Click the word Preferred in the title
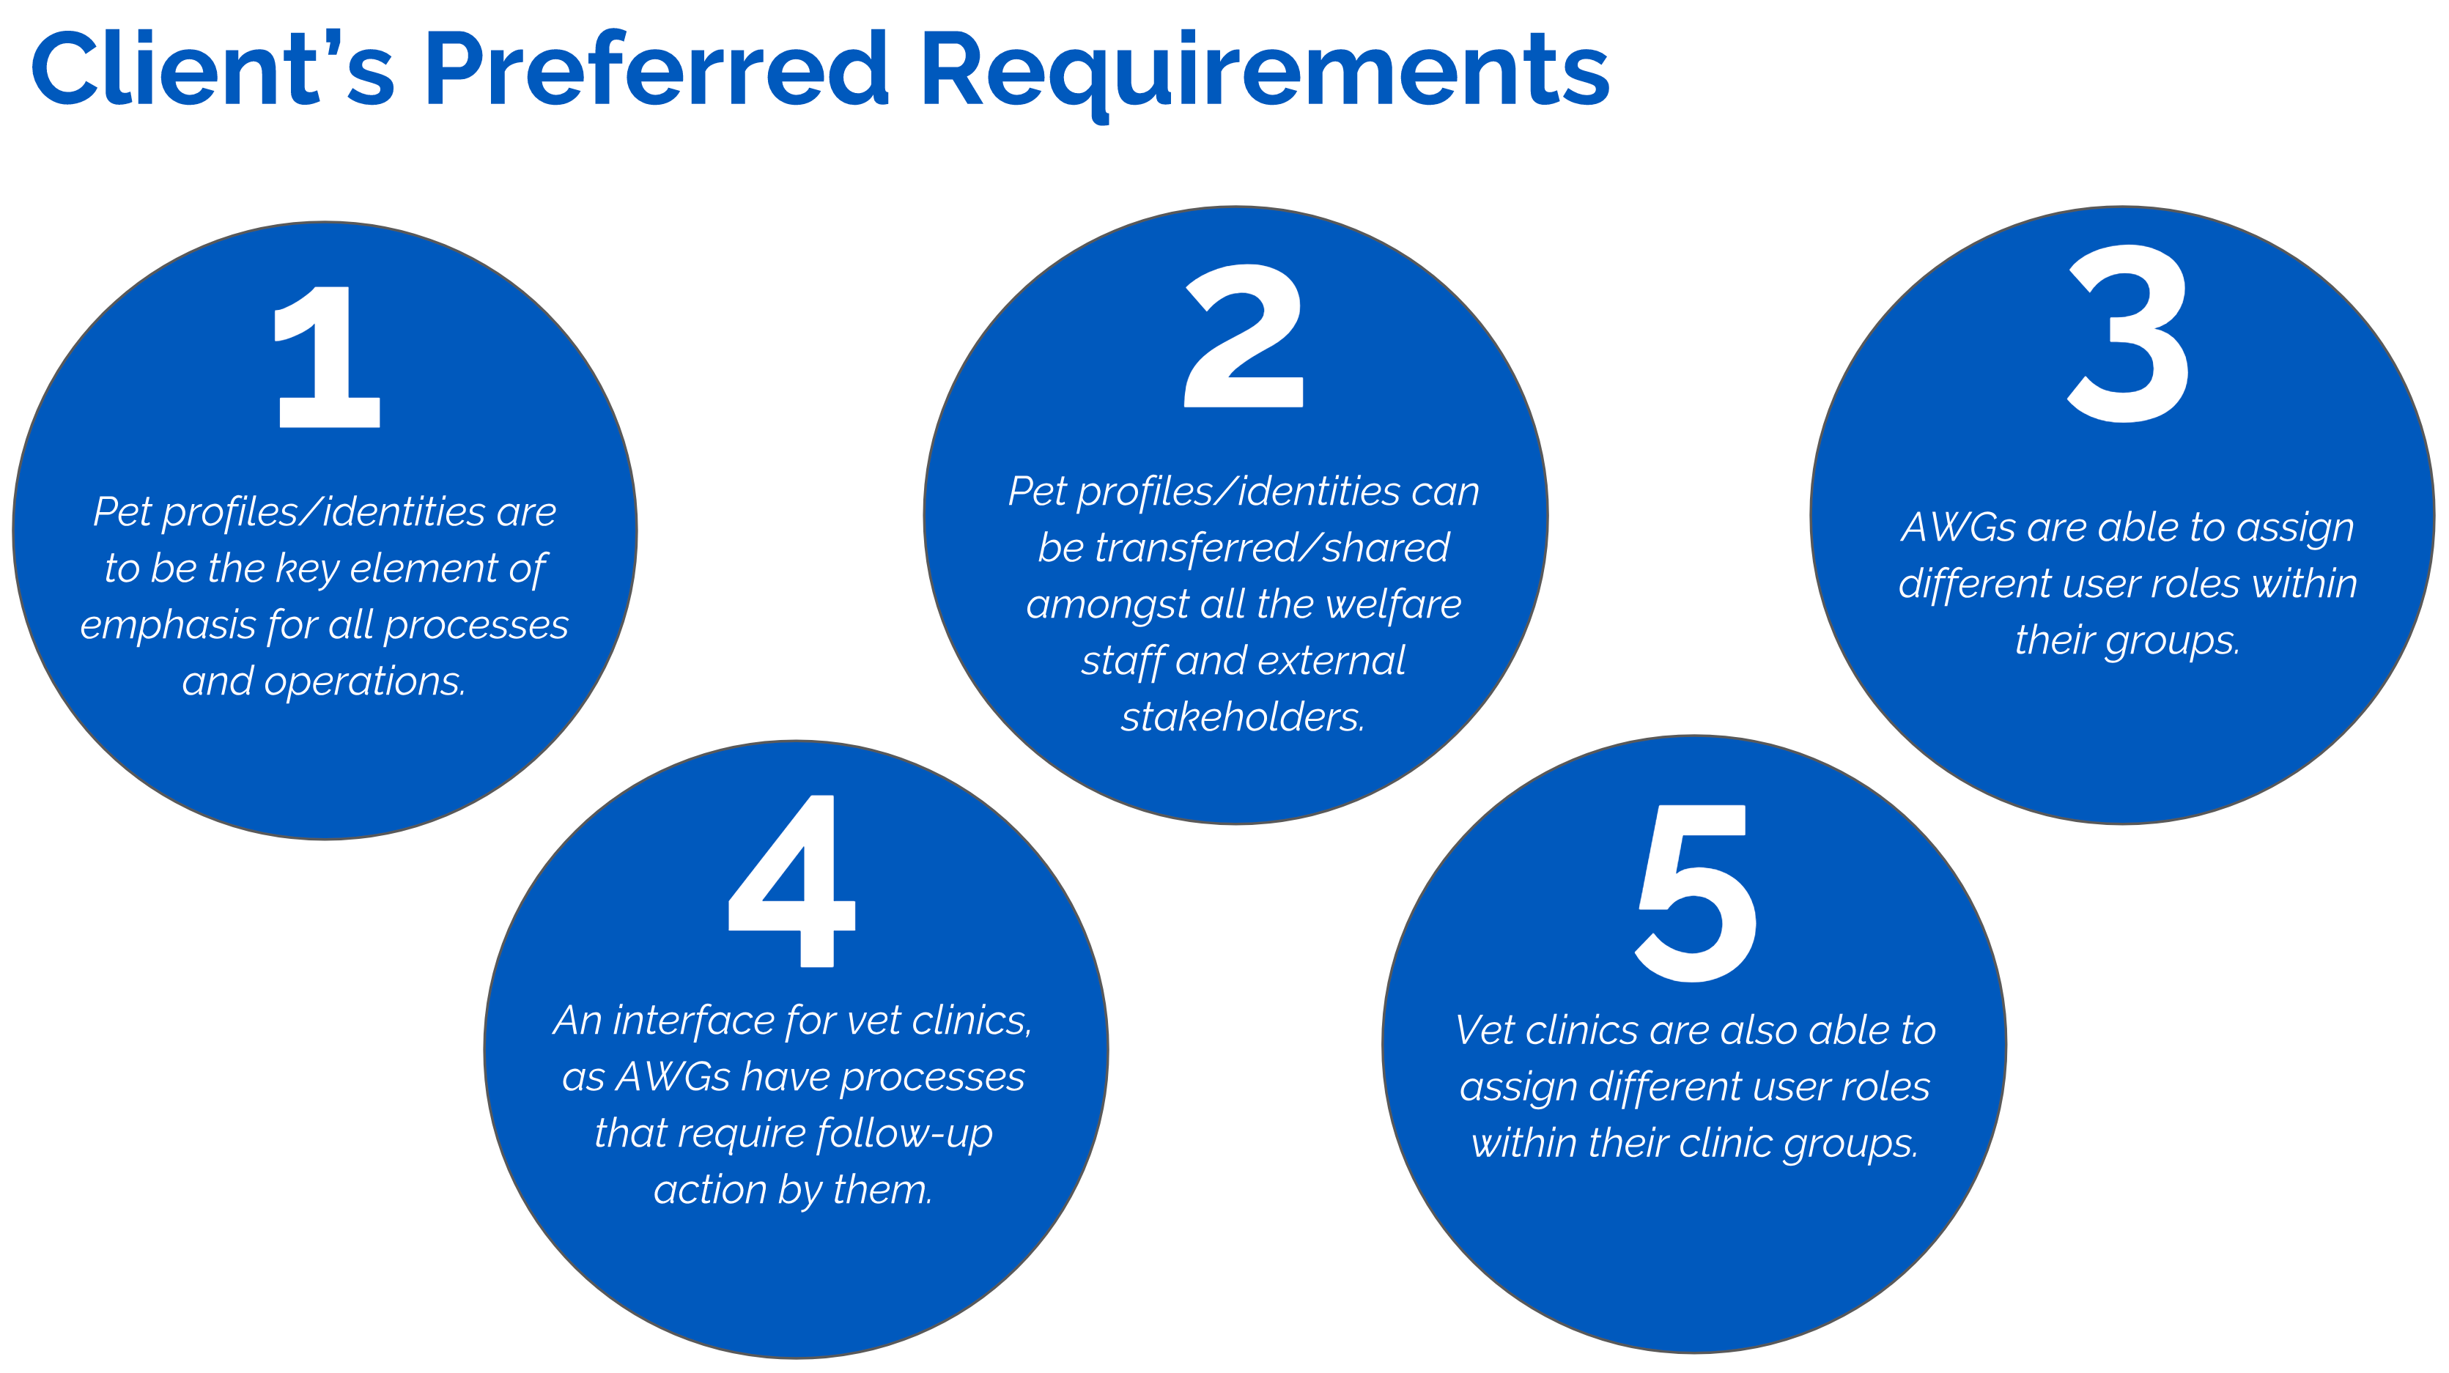657,68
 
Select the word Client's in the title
212,68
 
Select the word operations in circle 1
365,682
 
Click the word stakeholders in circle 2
1243,718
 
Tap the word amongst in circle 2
1107,604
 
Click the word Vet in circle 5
1482,1031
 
